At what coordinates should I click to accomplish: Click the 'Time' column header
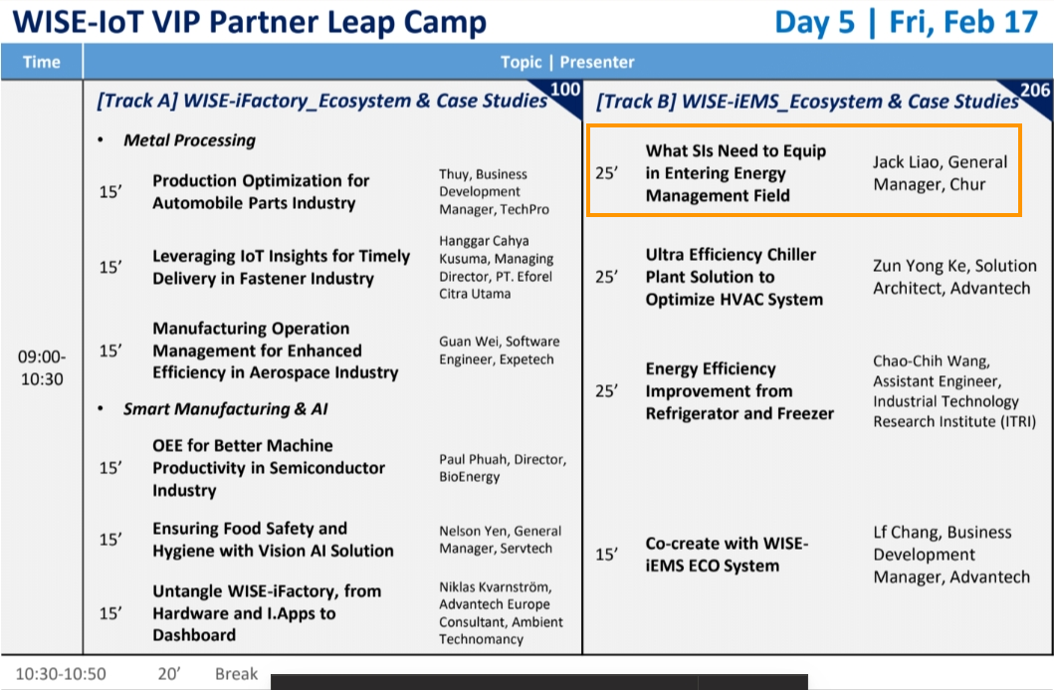(42, 62)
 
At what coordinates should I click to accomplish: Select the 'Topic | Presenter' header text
(567, 62)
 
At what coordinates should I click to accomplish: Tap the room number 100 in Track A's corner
(564, 90)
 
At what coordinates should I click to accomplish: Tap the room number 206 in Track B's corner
(1034, 91)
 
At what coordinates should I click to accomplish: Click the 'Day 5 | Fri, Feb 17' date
(907, 22)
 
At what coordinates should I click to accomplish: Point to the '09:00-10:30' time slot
(42, 367)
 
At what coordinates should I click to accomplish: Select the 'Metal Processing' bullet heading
(189, 139)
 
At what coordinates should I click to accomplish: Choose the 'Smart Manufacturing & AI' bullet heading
(225, 409)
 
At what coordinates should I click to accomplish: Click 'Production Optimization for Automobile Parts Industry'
(261, 191)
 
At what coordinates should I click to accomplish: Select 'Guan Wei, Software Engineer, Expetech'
(500, 350)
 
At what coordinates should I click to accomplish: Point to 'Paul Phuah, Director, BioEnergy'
(503, 468)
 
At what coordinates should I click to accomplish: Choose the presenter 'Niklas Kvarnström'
(495, 587)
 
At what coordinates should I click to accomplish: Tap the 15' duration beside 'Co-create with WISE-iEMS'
(606, 555)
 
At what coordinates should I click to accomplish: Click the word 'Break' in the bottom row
(237, 674)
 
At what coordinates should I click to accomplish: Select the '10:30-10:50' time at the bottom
(61, 674)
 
